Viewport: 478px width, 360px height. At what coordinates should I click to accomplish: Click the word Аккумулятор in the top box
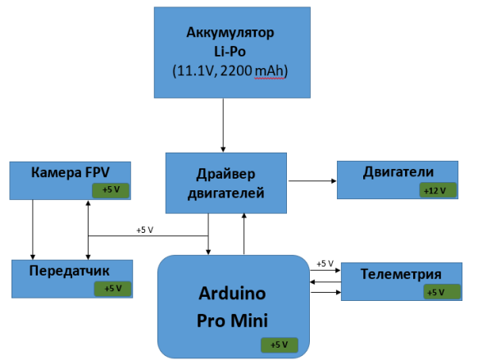pos(230,33)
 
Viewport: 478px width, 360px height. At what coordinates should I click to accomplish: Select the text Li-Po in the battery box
pos(230,51)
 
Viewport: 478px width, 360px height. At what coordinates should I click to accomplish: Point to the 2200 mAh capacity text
pos(254,71)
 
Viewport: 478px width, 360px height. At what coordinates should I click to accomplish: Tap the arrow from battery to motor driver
pos(223,125)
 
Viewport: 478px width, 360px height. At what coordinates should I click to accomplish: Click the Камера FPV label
pos(71,172)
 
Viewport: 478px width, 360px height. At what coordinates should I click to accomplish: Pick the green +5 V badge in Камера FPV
pos(111,190)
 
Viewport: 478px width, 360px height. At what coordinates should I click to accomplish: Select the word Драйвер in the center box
pos(225,174)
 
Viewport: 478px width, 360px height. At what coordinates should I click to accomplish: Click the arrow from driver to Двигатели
pos(312,180)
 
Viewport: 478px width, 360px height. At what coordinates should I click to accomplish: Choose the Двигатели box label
pos(398,172)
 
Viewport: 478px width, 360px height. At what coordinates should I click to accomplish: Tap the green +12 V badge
pos(438,190)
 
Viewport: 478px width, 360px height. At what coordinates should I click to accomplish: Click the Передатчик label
pos(69,271)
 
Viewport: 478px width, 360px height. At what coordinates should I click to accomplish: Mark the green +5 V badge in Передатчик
pos(113,289)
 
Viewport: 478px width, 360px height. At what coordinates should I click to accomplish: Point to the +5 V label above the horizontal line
pos(145,230)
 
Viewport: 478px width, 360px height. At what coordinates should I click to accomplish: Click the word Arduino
pos(232,294)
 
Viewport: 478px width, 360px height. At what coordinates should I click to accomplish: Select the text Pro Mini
pos(232,321)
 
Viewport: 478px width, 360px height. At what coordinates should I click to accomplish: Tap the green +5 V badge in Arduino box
pos(280,345)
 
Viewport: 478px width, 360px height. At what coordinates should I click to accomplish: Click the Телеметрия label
pos(401,274)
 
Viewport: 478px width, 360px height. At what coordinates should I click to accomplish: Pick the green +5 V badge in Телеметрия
pos(442,292)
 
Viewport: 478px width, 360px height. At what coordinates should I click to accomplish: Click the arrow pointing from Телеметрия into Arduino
pos(325,282)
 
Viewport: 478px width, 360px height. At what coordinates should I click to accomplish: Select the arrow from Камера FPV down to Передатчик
pos(33,230)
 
